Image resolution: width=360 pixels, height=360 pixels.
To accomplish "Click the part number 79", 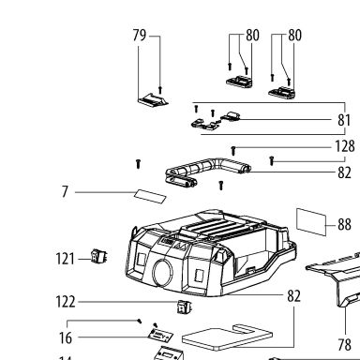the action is [140, 35].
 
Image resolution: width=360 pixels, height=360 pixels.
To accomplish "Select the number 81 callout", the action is [344, 120].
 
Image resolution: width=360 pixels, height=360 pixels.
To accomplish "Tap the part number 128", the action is [345, 146].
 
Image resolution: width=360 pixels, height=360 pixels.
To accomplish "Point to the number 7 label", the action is [65, 191].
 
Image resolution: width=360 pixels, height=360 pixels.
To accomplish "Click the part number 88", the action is [344, 224].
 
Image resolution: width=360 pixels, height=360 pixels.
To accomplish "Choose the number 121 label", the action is [66, 259].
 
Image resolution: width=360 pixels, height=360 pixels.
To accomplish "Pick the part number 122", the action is [66, 302].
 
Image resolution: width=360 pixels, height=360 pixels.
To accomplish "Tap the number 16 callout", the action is [66, 337].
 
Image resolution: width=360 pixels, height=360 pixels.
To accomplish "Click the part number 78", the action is [344, 345].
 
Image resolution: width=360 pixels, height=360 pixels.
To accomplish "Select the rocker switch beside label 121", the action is [98, 256].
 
